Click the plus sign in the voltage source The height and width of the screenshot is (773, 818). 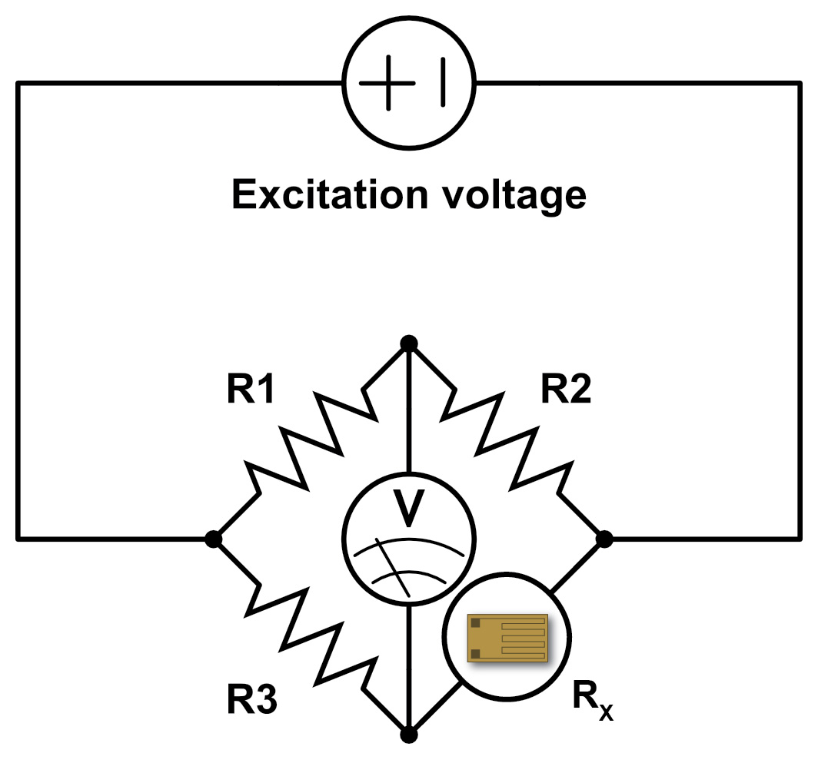[387, 83]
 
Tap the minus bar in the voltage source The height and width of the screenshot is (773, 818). [443, 83]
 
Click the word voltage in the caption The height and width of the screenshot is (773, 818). [511, 197]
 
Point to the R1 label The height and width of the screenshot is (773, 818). [251, 391]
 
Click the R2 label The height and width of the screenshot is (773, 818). [566, 391]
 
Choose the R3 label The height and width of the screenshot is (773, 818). [251, 700]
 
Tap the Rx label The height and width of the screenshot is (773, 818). [593, 698]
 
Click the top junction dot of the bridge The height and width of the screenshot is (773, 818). [409, 343]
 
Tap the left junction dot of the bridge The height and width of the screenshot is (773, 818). [214, 539]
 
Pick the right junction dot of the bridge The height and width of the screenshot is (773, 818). [604, 539]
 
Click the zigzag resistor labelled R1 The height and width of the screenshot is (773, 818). [311, 441]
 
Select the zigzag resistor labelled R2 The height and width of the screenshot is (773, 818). [507, 441]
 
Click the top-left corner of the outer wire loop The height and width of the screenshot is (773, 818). [18, 83]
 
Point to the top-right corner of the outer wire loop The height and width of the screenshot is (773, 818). [800, 83]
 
